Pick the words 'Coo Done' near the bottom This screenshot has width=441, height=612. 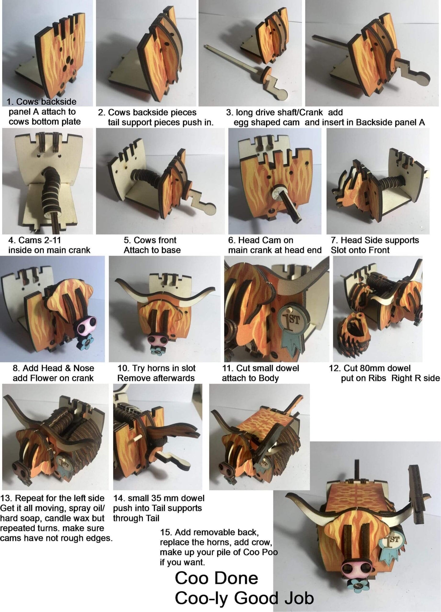point(216,578)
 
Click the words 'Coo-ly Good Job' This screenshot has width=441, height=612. point(244,598)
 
